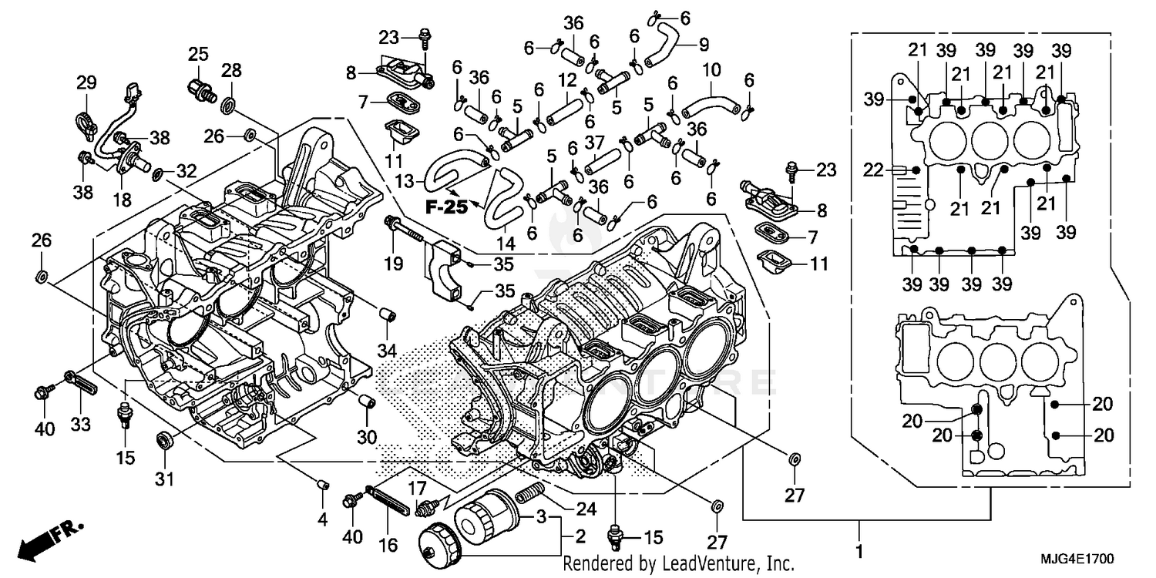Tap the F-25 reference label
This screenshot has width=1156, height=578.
coord(445,187)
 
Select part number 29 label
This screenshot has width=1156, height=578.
coord(86,82)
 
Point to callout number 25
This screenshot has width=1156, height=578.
coord(198,54)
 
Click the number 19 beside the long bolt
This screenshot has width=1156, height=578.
coord(393,264)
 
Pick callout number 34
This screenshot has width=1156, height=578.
coord(386,351)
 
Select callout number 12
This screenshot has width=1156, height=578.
coord(568,79)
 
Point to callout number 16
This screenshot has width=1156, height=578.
coord(388,544)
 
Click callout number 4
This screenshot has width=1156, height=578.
coord(322,520)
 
